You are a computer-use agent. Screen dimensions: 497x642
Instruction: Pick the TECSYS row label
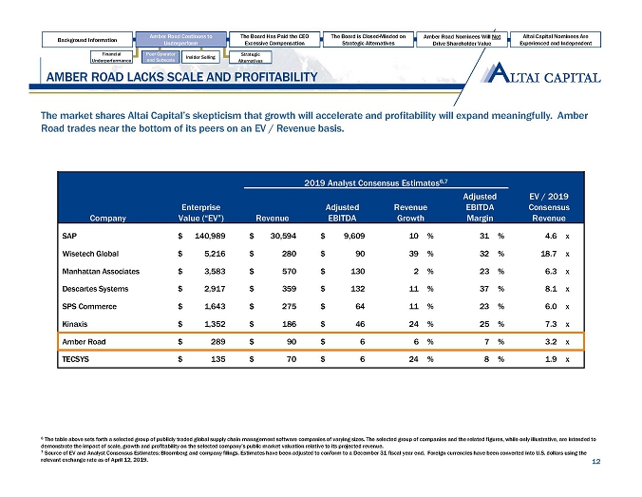click(x=75, y=360)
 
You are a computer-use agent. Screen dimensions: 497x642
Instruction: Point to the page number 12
click(x=595, y=463)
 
